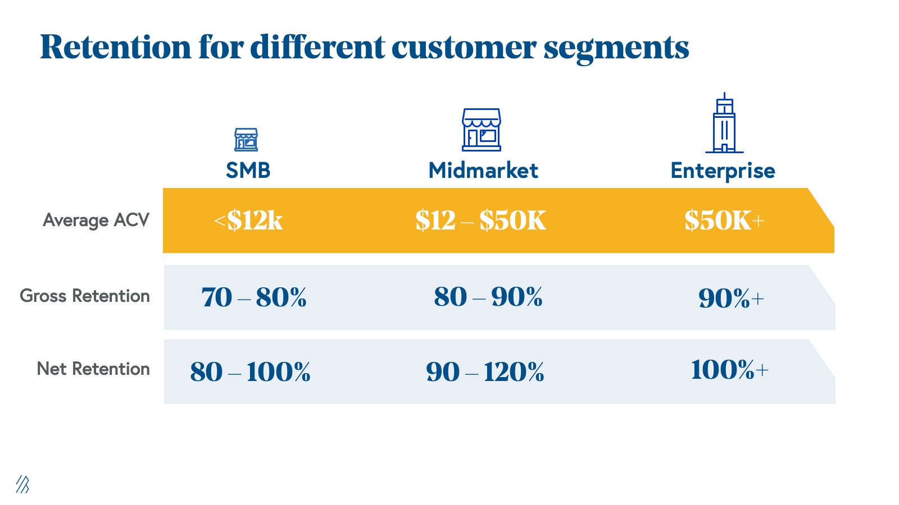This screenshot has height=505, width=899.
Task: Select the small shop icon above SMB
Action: click(x=246, y=140)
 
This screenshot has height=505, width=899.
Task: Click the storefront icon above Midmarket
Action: click(x=482, y=130)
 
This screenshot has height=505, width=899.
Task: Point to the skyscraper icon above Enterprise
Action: click(x=724, y=123)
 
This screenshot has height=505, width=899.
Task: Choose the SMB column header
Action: click(x=248, y=170)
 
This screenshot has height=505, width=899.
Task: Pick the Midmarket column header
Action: click(x=483, y=170)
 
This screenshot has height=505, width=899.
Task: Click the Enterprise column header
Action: click(x=723, y=171)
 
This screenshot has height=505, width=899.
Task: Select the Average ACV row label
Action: click(x=96, y=220)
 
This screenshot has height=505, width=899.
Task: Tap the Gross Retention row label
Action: click(x=85, y=296)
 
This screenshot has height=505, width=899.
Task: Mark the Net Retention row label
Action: click(x=93, y=369)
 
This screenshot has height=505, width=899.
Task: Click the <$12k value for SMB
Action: click(x=248, y=220)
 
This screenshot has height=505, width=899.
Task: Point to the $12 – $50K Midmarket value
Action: click(x=480, y=220)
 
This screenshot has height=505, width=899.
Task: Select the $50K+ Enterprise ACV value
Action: click(x=724, y=220)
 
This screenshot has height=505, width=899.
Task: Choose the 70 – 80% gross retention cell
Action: click(x=254, y=297)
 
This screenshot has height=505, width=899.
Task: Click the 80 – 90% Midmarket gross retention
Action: click(x=488, y=297)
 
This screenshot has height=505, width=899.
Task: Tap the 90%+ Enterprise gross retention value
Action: click(x=731, y=298)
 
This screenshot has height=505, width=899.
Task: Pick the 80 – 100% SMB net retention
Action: click(x=250, y=371)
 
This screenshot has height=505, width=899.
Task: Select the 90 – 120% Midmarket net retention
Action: click(x=485, y=371)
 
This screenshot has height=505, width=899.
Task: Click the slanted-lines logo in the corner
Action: click(x=22, y=484)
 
